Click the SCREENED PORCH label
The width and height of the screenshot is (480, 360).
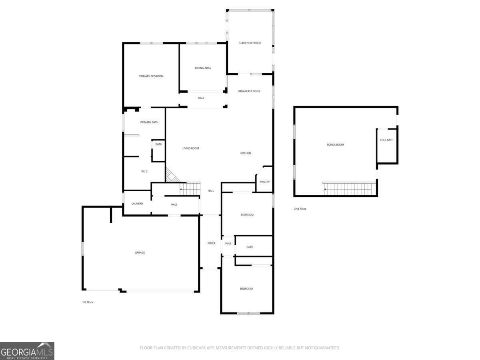tap(250, 43)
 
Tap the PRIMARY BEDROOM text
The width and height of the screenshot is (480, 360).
tap(151, 76)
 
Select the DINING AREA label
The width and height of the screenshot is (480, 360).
tap(203, 68)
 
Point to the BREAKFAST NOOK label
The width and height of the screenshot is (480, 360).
tap(249, 91)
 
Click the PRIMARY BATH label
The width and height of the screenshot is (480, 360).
tap(149, 122)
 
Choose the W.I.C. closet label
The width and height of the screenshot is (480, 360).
tap(144, 171)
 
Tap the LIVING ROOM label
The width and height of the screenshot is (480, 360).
tap(191, 148)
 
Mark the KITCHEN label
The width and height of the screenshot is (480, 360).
tap(246, 153)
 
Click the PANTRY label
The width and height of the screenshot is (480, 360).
tap(265, 182)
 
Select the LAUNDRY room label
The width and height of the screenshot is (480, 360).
tap(137, 204)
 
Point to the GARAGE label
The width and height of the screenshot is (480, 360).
tap(140, 252)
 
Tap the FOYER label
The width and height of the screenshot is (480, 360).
tap(211, 243)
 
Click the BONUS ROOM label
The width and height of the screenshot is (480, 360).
tap(335, 145)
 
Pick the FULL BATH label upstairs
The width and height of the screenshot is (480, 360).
tap(387, 140)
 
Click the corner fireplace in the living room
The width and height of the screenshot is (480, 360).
tap(172, 175)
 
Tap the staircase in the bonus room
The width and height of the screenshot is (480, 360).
tap(350, 189)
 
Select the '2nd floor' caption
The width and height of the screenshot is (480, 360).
tap(300, 209)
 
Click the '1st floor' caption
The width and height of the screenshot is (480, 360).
tap(88, 302)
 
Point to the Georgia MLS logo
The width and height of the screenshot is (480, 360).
tap(27, 351)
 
